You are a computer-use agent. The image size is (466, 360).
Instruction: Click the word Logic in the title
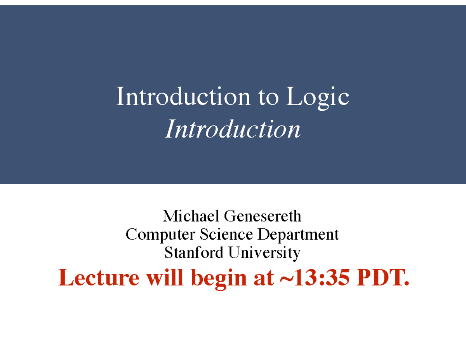click(x=317, y=97)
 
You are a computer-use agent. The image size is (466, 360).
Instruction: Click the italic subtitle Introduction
click(x=233, y=129)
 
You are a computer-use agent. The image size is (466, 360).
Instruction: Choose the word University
click(x=264, y=253)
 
